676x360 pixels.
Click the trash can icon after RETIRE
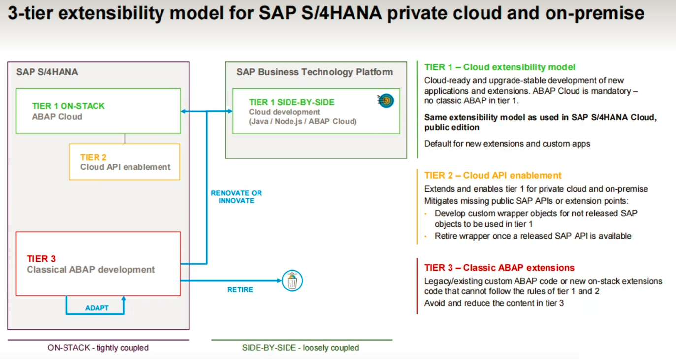coord(292,281)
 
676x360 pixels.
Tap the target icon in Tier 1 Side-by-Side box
coord(386,100)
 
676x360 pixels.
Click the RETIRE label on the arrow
coord(240,290)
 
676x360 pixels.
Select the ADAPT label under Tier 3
coord(97,308)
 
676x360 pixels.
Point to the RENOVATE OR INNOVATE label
coord(236,196)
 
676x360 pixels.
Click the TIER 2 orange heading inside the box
coord(94,157)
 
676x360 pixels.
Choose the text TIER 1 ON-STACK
coord(68,106)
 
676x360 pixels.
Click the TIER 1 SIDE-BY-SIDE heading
coord(291,102)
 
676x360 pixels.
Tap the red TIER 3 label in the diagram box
coord(41,259)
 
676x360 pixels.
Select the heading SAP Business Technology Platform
coord(315,72)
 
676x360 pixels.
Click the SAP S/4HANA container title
coord(47,72)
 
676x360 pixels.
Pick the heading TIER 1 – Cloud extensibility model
coord(500,67)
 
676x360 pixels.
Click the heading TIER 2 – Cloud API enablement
coord(493,175)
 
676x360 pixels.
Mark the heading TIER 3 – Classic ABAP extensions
coord(499,268)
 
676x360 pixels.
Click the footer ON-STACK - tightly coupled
coord(98,348)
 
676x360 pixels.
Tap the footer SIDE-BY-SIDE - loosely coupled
coord(300,348)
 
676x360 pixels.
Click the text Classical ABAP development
coord(91,270)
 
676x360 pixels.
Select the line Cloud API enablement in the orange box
coord(125,167)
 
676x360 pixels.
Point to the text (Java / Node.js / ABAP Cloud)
coord(302,121)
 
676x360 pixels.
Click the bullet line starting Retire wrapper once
coord(533,236)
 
